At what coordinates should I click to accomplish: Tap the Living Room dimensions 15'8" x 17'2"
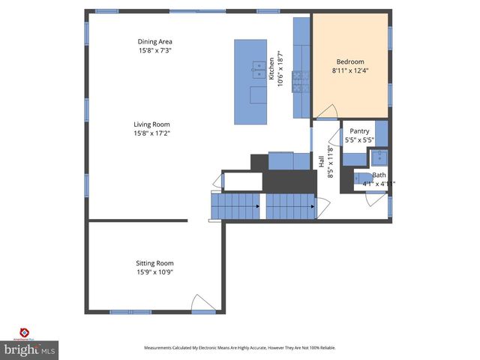pyautogui.click(x=152, y=133)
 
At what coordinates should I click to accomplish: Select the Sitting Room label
pyautogui.click(x=155, y=263)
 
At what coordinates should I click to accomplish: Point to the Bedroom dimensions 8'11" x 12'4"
pyautogui.click(x=350, y=71)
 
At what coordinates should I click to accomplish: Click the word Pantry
pyautogui.click(x=359, y=131)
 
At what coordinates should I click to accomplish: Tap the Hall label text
pyautogui.click(x=321, y=160)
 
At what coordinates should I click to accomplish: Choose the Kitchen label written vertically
pyautogui.click(x=271, y=71)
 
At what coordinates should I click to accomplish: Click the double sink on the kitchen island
pyautogui.click(x=258, y=71)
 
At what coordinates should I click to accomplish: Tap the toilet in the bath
pyautogui.click(x=356, y=179)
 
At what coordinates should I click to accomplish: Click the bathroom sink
pyautogui.click(x=379, y=157)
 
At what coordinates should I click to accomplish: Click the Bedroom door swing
pyautogui.click(x=326, y=112)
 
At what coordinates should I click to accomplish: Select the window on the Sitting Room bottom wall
pyautogui.click(x=130, y=311)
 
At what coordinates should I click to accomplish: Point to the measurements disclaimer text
pyautogui.click(x=239, y=348)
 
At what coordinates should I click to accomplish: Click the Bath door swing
pyautogui.click(x=375, y=198)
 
